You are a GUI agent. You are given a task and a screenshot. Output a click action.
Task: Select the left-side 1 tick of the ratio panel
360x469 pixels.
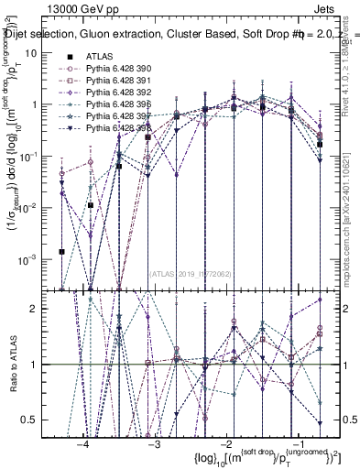tap(42, 365)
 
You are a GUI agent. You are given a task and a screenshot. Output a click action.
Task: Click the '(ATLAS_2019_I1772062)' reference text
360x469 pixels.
tap(191, 272)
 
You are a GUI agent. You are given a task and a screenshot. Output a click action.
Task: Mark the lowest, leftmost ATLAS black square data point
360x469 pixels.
tap(61, 251)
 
